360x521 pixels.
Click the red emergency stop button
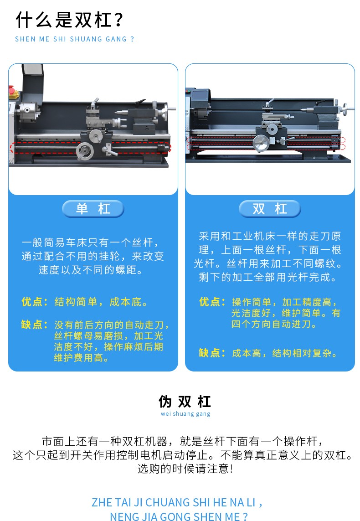click(x=13, y=91)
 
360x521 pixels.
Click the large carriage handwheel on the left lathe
click(x=85, y=151)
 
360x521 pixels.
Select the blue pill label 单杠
click(x=93, y=209)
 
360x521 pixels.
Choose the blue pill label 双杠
click(x=270, y=209)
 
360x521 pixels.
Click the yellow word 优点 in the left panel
click(x=32, y=302)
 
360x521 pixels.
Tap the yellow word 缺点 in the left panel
click(x=32, y=324)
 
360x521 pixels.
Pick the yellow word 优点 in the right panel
click(x=210, y=302)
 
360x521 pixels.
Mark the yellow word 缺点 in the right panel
click(x=210, y=352)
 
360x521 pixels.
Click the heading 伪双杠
click(x=185, y=402)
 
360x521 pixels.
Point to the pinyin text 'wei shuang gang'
click(x=185, y=414)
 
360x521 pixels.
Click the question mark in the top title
click(x=119, y=20)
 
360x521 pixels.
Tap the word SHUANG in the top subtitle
click(x=82, y=39)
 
